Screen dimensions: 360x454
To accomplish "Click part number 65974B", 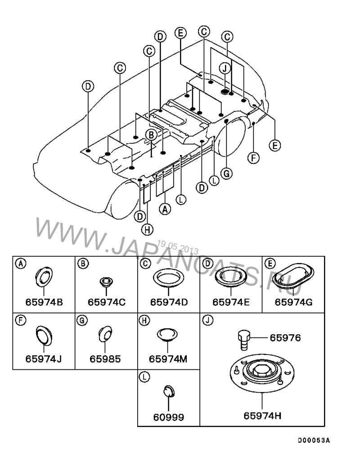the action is [44, 302].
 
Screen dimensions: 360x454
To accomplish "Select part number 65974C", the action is [107, 302].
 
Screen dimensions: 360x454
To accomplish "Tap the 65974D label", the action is [169, 302].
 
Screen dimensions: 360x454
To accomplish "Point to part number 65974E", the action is [231, 302].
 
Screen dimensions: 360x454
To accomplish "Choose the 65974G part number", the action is [293, 302].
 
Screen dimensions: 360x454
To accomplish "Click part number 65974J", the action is [43, 359].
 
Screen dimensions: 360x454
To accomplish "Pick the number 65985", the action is [105, 359].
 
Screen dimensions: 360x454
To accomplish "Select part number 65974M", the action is [168, 359].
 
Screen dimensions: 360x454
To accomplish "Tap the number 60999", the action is [168, 417].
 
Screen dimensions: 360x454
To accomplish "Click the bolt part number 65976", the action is [285, 338].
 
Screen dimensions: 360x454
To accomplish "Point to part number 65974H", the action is [262, 416].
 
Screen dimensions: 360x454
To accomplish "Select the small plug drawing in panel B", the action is [106, 282].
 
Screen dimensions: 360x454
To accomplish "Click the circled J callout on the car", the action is [225, 68].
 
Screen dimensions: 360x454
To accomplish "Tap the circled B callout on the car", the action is [151, 135].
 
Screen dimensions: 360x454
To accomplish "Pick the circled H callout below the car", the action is [147, 230].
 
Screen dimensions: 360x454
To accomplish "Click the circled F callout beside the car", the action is [253, 158].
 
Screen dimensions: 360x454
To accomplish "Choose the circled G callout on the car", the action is [227, 174].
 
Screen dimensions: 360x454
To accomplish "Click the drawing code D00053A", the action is [314, 440].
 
